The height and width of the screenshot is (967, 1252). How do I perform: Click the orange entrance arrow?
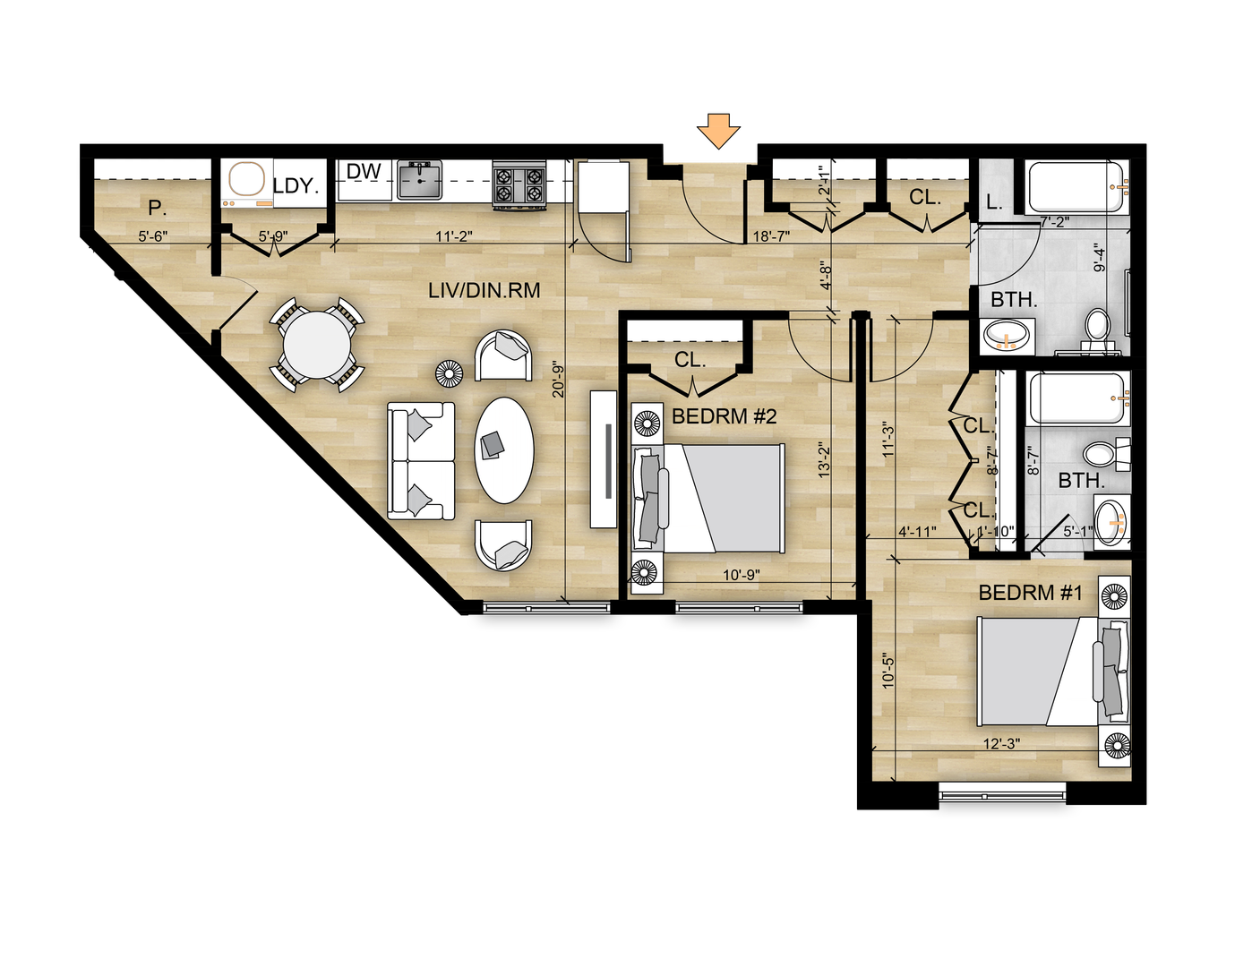click(x=718, y=132)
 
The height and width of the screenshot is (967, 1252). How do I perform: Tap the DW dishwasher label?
click(x=364, y=171)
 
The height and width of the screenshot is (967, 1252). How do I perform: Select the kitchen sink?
click(x=420, y=180)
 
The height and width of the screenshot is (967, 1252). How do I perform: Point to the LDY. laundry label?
click(x=296, y=185)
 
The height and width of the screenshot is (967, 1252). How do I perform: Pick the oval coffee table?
click(x=504, y=450)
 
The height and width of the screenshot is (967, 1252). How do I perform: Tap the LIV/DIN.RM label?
click(x=484, y=290)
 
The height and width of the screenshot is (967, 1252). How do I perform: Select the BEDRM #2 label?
click(x=725, y=416)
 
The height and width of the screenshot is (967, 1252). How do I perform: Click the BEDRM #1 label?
click(x=1030, y=593)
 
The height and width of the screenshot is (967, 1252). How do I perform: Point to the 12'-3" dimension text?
click(x=1001, y=743)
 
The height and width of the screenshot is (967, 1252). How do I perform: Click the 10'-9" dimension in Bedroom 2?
click(x=742, y=575)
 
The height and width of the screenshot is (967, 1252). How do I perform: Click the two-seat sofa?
click(x=421, y=461)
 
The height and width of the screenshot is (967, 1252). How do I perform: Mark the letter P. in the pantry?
click(x=157, y=208)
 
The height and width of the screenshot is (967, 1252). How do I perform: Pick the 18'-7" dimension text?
click(x=771, y=236)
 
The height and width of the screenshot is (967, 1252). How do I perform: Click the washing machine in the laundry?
click(x=248, y=184)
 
